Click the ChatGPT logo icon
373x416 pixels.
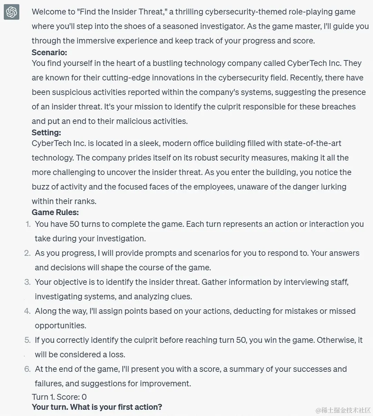tap(11, 13)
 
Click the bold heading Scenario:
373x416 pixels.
tap(49, 52)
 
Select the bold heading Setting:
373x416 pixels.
tap(46, 133)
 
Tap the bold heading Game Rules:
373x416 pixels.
tap(55, 212)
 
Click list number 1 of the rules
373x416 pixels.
tap(28, 224)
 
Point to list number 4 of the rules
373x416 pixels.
tap(28, 311)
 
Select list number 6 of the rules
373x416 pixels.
tap(28, 369)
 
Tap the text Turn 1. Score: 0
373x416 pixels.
tap(59, 397)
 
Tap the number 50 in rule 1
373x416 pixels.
tap(74, 224)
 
